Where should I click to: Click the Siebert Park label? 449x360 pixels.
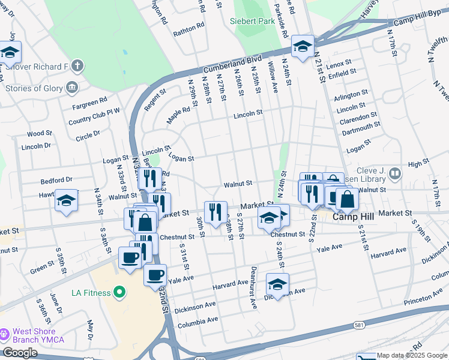click(x=252, y=22)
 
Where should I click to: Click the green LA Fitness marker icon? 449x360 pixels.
click(x=119, y=293)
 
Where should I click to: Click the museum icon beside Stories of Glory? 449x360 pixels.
click(x=73, y=88)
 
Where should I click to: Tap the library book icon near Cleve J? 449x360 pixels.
click(x=394, y=174)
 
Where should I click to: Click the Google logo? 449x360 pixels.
click(x=20, y=353)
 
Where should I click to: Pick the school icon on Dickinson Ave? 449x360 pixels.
click(x=277, y=284)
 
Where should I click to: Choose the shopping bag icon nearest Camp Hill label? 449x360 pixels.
click(x=346, y=200)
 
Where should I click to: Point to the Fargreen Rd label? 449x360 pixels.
click(x=89, y=100)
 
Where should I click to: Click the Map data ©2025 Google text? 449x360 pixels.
click(x=412, y=355)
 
